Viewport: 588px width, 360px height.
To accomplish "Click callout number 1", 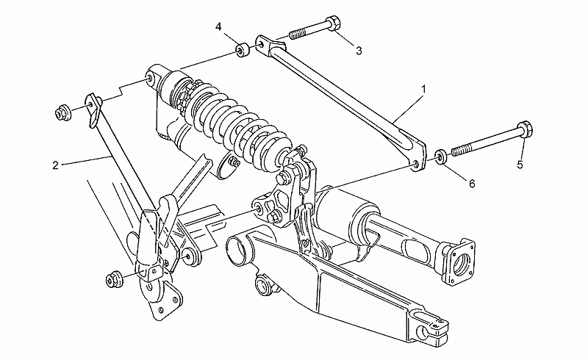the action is click(x=423, y=89).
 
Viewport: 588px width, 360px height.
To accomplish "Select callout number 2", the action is click(x=56, y=165).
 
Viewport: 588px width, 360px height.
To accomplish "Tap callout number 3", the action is click(x=359, y=51).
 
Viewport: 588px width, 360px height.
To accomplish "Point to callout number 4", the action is click(x=218, y=26).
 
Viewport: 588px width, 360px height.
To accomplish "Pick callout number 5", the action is click(x=520, y=165).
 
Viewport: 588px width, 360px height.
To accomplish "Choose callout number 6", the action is click(x=472, y=183).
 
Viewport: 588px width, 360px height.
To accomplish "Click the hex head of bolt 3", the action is click(x=333, y=24).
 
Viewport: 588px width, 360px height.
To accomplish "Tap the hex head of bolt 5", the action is click(x=525, y=129).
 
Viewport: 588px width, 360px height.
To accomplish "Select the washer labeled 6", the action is click(x=440, y=156).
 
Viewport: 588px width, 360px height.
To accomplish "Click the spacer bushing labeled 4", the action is click(x=243, y=50).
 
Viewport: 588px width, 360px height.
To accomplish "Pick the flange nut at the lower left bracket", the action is click(x=113, y=279).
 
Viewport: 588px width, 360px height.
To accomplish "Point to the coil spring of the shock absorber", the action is click(x=240, y=128).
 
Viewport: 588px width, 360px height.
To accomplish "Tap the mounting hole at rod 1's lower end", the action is click(x=416, y=164).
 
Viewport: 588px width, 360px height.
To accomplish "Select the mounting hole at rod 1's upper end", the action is click(x=262, y=46).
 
